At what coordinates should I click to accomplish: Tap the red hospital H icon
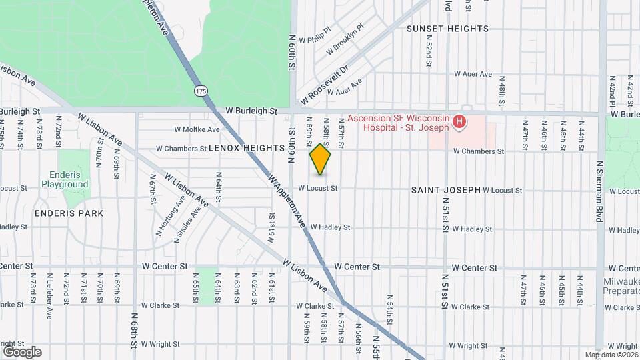click(x=459, y=122)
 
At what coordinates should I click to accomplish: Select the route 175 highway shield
click(x=200, y=90)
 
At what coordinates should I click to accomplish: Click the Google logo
click(x=22, y=351)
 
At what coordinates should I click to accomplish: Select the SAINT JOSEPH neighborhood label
click(x=445, y=190)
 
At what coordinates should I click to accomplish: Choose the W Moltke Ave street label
click(x=197, y=129)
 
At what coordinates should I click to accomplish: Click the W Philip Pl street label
click(x=315, y=40)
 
